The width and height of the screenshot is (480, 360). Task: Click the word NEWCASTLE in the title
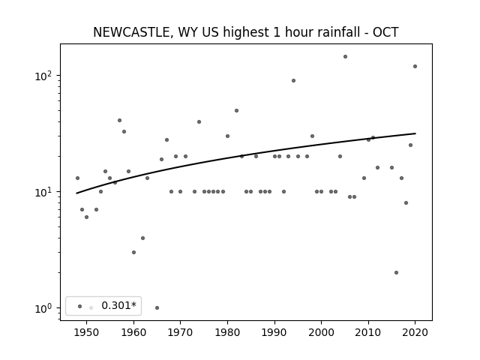(x=131, y=32)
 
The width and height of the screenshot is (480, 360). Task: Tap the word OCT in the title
(x=385, y=32)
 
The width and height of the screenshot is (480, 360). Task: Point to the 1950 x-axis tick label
(x=86, y=332)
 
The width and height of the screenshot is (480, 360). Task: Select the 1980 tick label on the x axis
(x=227, y=332)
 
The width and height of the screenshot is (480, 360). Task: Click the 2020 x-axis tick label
(x=415, y=332)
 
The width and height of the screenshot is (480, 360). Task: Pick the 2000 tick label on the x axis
(x=321, y=332)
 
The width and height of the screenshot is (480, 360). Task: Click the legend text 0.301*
(x=118, y=305)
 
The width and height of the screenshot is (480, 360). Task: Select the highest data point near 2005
(x=345, y=57)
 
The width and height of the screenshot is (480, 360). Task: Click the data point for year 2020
(x=415, y=67)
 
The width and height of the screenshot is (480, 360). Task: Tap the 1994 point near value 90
(x=293, y=81)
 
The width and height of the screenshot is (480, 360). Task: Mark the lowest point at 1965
(x=157, y=308)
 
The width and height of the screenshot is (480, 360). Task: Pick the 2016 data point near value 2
(x=397, y=273)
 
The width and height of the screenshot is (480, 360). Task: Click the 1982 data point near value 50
(x=237, y=111)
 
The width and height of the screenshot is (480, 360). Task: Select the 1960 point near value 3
(x=133, y=253)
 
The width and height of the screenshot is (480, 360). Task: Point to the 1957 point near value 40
(x=119, y=121)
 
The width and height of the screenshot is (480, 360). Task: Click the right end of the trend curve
(x=415, y=133)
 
